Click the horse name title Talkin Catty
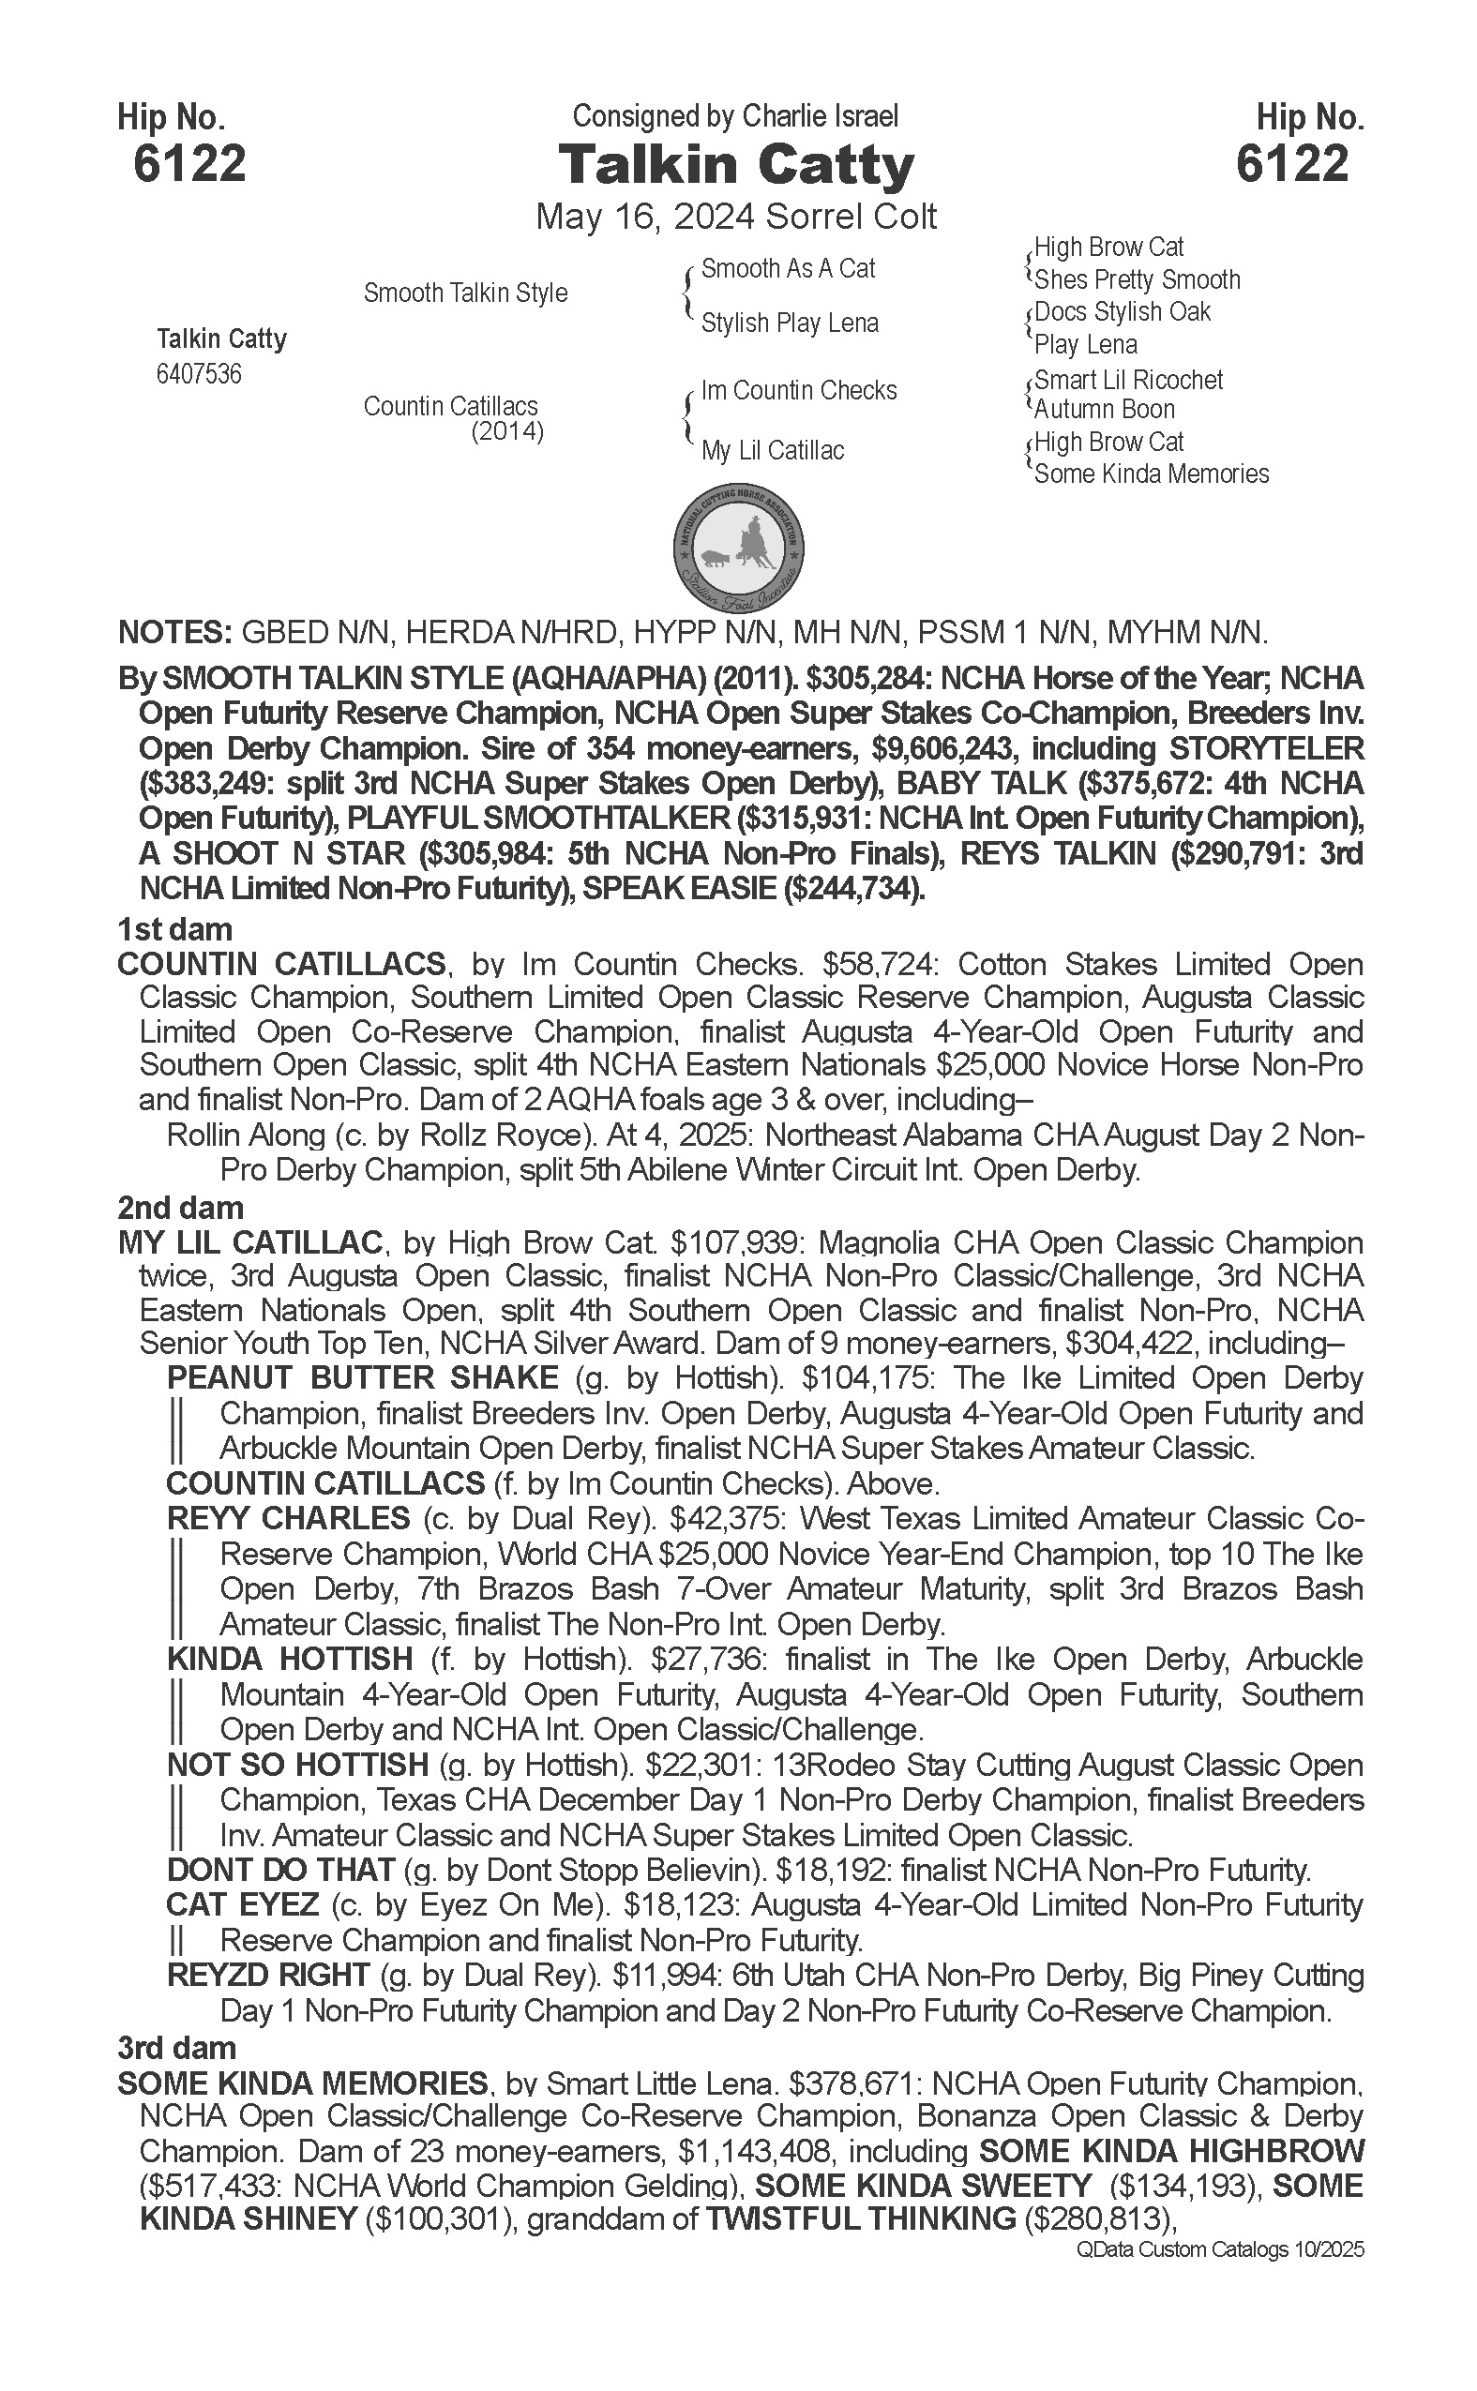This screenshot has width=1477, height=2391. click(x=735, y=165)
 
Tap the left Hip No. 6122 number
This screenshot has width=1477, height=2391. click(x=189, y=163)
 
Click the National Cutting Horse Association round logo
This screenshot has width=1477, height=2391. click(x=739, y=547)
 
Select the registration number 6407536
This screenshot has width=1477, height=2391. click(x=199, y=375)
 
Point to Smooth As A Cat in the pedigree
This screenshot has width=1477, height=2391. click(x=788, y=268)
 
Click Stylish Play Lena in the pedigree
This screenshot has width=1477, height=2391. click(x=790, y=323)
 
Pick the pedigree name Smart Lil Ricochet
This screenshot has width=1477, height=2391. click(x=1127, y=380)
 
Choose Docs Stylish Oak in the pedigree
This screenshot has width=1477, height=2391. click(x=1122, y=312)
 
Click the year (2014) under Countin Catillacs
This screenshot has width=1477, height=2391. click(x=507, y=431)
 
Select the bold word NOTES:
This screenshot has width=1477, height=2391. click(x=173, y=633)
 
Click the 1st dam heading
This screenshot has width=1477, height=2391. click(x=173, y=929)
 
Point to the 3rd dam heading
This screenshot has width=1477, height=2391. click(x=176, y=2047)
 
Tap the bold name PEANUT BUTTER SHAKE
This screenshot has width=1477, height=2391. click(x=362, y=1378)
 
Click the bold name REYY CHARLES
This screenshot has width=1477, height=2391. click(x=288, y=1519)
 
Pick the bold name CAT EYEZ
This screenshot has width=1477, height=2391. click(x=242, y=1904)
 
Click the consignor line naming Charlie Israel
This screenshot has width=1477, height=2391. click(x=734, y=117)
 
